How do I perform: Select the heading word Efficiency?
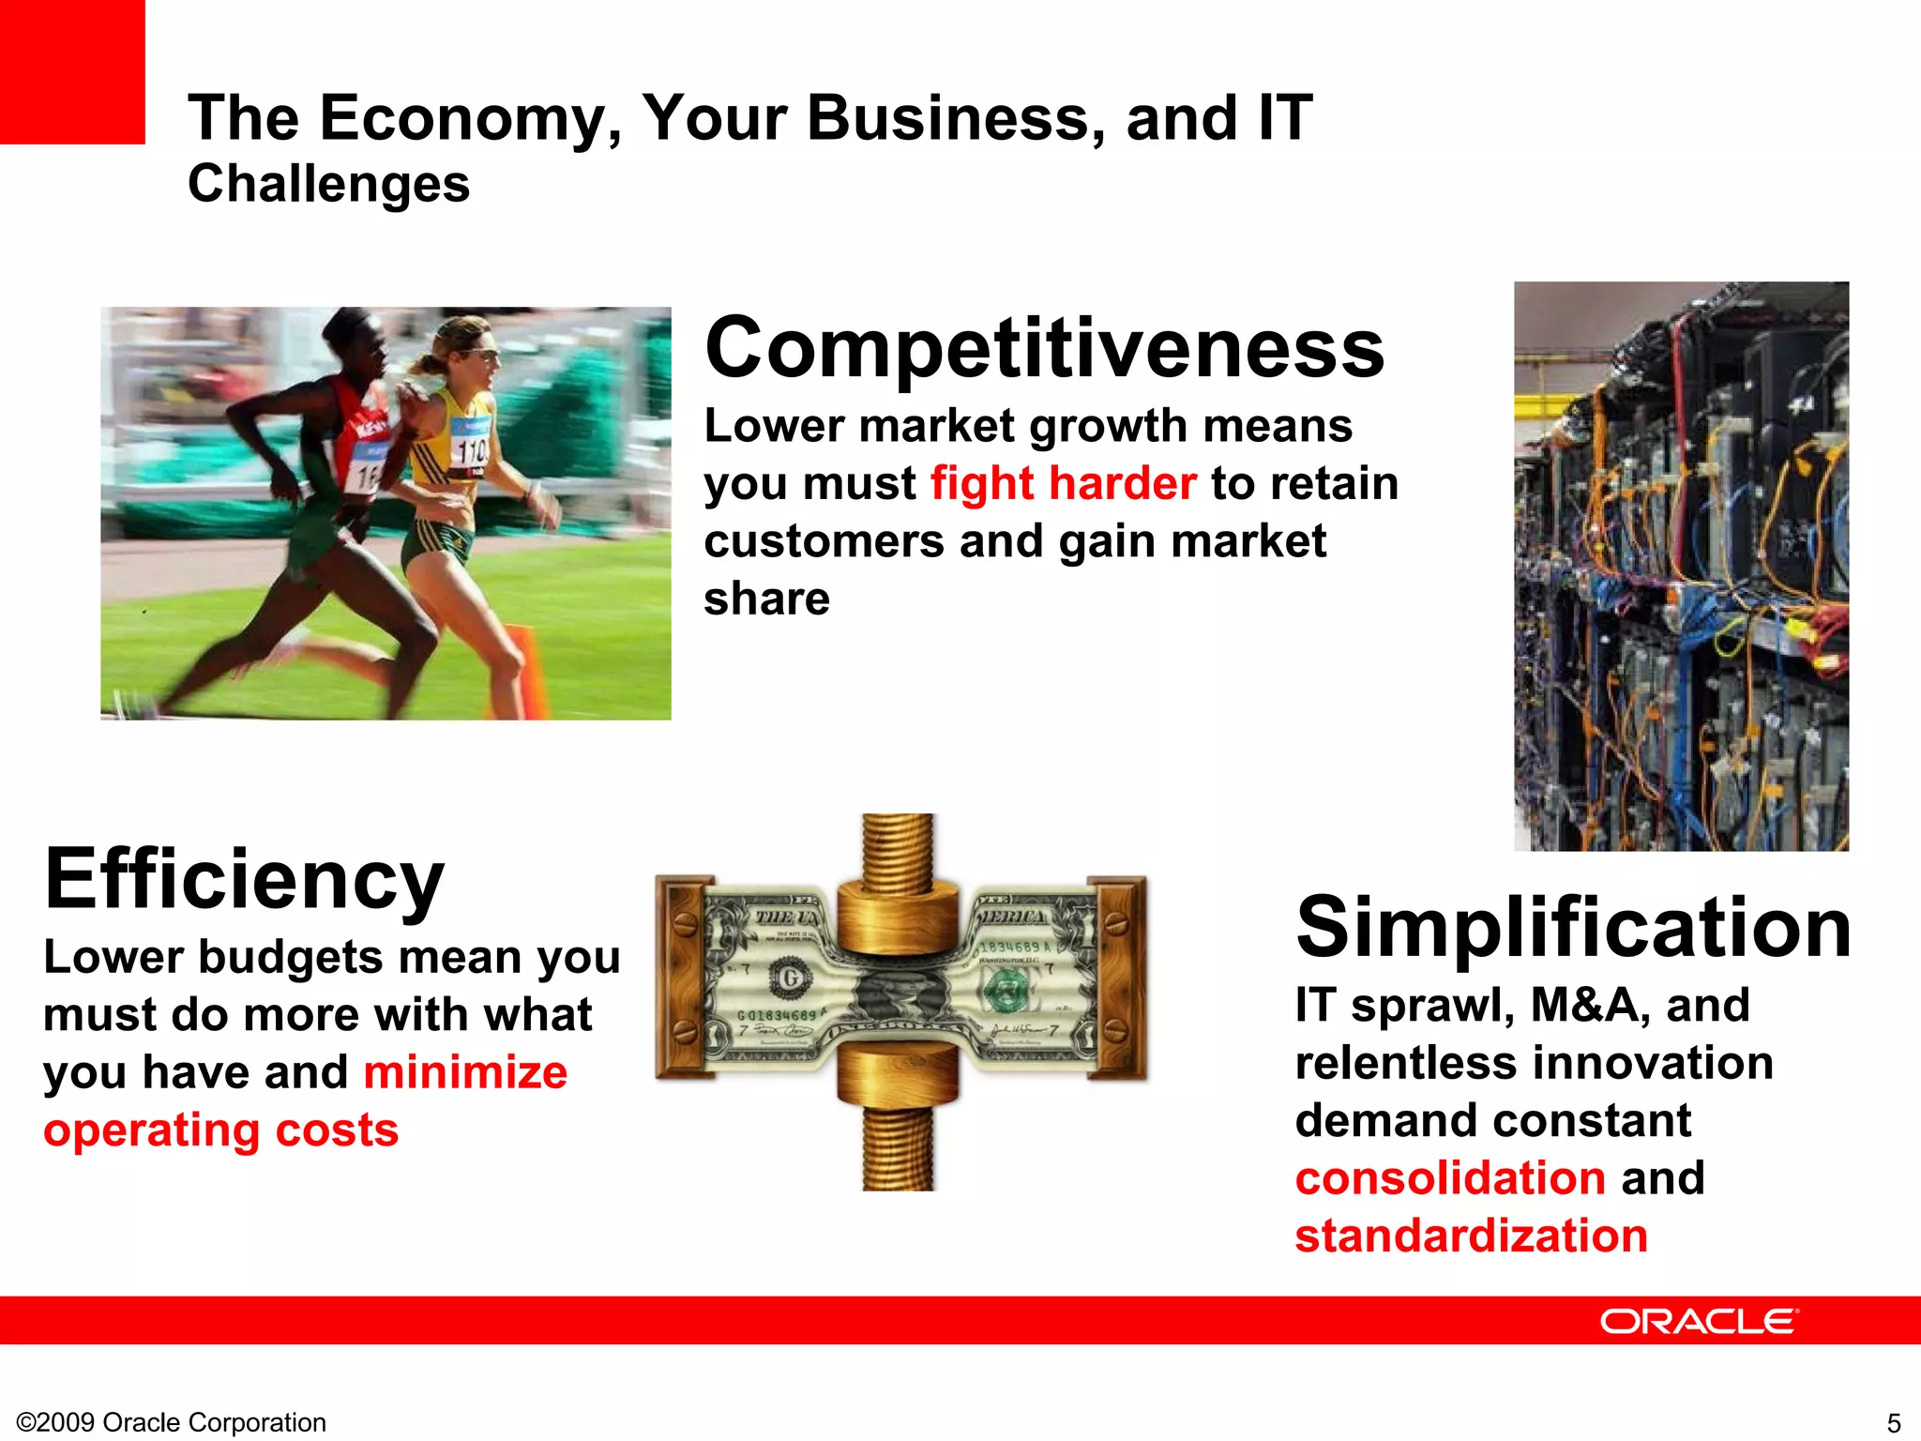[244, 880]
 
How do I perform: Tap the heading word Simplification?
[1573, 928]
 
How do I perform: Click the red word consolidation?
[1450, 1178]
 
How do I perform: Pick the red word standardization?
[1471, 1236]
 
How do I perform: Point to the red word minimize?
[465, 1072]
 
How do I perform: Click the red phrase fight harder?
[1063, 484]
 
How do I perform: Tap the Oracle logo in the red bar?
[1699, 1321]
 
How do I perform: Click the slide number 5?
[1893, 1422]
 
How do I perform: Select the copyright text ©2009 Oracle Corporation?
[172, 1422]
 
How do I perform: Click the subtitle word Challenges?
[328, 184]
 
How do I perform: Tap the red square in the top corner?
[72, 71]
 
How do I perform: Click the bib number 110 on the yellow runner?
[472, 451]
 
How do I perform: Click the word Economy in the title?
[469, 119]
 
